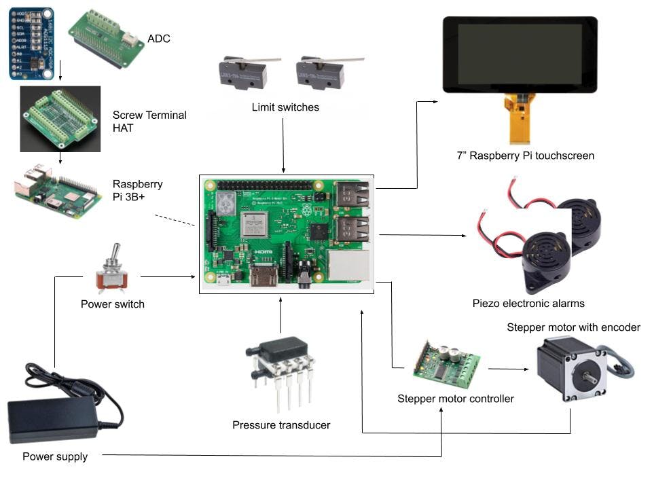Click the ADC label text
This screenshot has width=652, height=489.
(159, 39)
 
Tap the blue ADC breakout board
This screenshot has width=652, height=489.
(31, 43)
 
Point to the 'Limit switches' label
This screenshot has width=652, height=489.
(285, 107)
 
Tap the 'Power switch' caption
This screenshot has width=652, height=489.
(113, 304)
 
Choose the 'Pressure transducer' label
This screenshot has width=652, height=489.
(281, 425)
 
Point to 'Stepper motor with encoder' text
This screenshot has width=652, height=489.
(573, 327)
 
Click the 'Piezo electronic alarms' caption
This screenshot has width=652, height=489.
(528, 303)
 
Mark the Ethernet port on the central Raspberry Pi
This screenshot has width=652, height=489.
(348, 267)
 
